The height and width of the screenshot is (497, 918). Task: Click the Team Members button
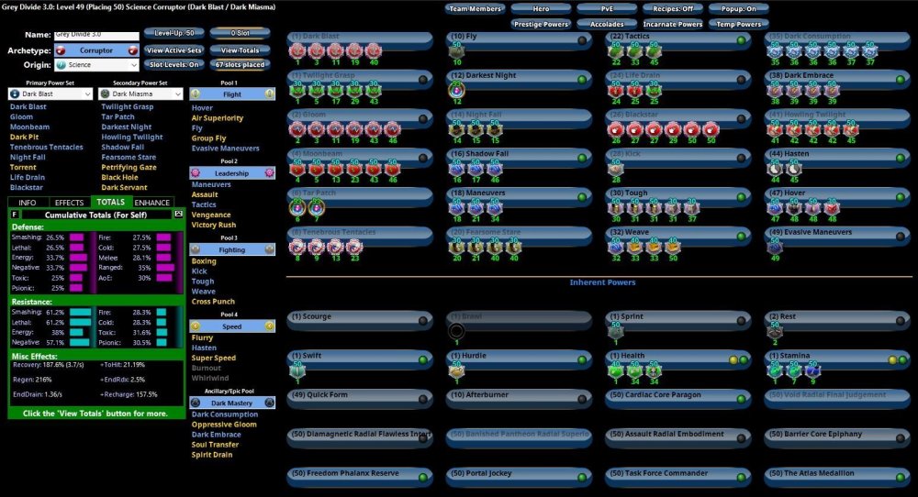coord(476,9)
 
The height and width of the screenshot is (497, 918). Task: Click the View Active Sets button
coord(174,50)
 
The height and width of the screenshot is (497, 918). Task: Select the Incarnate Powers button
coord(673,24)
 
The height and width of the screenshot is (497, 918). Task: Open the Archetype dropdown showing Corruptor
coord(96,50)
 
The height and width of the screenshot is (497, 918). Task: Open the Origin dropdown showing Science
coord(96,65)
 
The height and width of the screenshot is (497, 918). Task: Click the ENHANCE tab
coord(152,203)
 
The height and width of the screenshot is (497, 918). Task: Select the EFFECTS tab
coord(70,203)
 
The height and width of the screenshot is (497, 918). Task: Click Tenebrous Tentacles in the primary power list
coord(48,148)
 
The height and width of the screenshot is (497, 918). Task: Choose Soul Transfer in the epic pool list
coord(215,445)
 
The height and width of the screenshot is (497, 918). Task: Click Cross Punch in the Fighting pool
coord(213,302)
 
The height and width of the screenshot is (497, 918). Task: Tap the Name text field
coord(96,35)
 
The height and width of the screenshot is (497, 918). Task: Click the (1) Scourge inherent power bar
coord(359,318)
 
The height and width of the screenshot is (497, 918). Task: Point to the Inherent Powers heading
coord(602,282)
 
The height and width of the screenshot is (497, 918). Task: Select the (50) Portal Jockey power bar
coord(519,474)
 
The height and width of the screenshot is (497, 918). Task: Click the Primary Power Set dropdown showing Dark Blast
coord(50,94)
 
